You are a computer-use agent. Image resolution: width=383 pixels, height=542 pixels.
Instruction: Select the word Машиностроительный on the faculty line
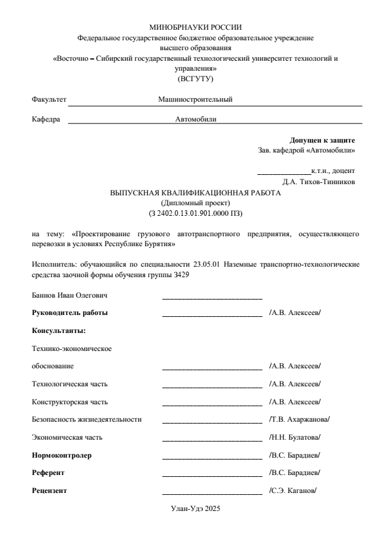195,99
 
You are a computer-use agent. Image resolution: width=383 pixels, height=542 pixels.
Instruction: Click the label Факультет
49,99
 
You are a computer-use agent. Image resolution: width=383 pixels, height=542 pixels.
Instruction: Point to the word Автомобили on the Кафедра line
196,118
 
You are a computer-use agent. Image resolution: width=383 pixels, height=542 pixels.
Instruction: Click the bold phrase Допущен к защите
322,141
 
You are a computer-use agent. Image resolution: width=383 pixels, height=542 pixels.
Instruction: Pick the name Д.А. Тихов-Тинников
319,182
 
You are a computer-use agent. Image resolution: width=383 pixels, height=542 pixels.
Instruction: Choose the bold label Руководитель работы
69,313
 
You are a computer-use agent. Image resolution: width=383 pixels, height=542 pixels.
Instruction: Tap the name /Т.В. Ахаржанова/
299,420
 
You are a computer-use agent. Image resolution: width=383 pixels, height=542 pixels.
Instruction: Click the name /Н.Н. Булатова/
295,437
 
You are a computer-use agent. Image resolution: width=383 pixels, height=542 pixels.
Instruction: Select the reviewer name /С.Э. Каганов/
293,491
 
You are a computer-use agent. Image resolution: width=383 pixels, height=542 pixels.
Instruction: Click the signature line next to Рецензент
211,493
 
